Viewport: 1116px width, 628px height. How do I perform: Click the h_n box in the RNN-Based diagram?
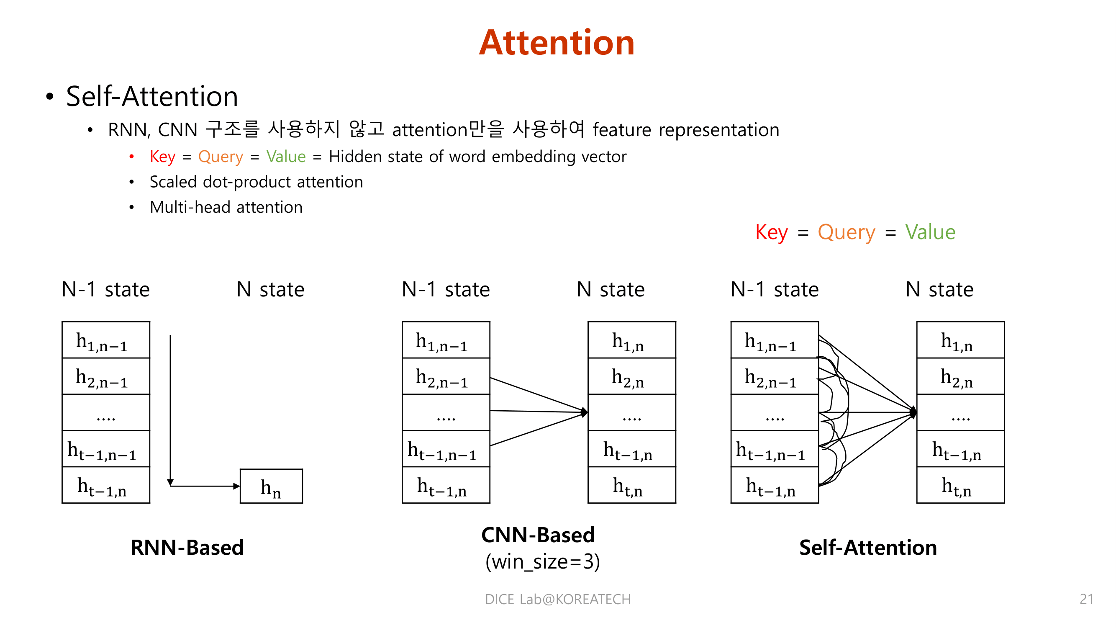pos(271,486)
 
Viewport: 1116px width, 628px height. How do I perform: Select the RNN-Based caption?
pos(187,547)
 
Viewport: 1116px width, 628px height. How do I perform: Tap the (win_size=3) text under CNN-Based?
pos(542,562)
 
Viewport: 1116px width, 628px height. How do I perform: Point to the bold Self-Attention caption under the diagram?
pos(868,547)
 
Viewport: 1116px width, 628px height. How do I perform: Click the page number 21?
pos(1086,599)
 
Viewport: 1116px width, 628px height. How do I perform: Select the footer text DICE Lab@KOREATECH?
pos(557,599)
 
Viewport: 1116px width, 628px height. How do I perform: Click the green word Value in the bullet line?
pos(286,157)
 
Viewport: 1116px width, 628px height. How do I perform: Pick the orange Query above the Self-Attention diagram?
pos(846,232)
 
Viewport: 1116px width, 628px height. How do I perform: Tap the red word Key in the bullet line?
pos(162,157)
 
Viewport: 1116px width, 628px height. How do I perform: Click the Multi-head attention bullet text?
pos(226,207)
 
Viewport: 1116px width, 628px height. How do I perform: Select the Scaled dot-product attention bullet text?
pos(256,182)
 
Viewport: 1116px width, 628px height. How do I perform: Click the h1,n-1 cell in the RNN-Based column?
pos(106,340)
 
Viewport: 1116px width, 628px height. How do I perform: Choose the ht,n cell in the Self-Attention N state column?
pos(960,485)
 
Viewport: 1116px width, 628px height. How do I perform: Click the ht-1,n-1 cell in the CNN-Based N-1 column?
pos(446,449)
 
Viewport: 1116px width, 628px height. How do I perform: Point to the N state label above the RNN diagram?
pos(270,290)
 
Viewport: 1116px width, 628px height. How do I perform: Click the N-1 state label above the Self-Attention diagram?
pos(775,290)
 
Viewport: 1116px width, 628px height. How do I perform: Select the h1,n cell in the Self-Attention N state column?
pos(960,340)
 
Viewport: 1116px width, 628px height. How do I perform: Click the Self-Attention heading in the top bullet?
pos(152,96)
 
